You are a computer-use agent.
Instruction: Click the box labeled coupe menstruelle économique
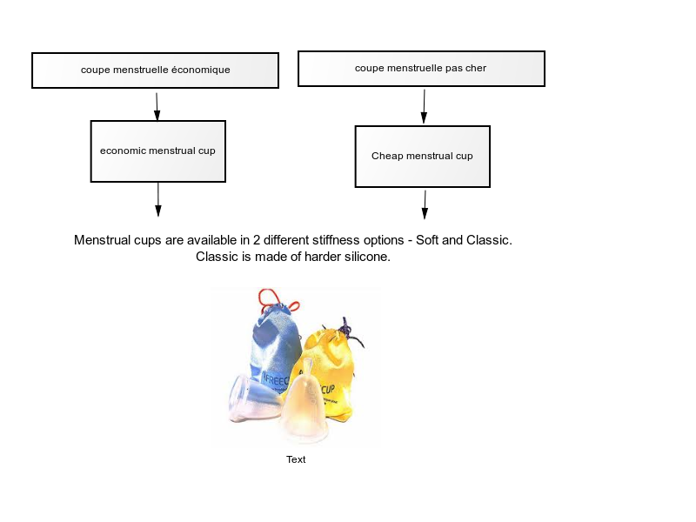(x=156, y=70)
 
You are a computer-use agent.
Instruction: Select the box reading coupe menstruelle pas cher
(x=421, y=69)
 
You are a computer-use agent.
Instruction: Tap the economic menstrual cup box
(x=158, y=151)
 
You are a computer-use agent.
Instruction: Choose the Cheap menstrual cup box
(x=423, y=157)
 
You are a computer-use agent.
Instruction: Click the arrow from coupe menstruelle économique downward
(x=157, y=106)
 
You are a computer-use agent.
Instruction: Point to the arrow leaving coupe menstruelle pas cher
(x=424, y=106)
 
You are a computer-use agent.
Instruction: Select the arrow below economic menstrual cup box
(x=158, y=200)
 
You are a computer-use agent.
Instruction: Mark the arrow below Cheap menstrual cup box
(x=425, y=205)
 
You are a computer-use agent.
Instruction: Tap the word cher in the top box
(x=476, y=69)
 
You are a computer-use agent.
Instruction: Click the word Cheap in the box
(x=386, y=157)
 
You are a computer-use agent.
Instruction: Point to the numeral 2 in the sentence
(x=257, y=240)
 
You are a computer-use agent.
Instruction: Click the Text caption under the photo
(x=296, y=460)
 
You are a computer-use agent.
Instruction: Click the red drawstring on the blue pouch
(x=278, y=299)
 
